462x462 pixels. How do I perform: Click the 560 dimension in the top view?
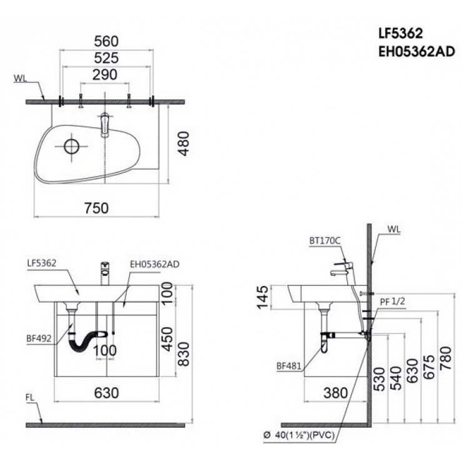106,41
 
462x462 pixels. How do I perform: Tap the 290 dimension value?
106,74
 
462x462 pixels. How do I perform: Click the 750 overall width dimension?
97,208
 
